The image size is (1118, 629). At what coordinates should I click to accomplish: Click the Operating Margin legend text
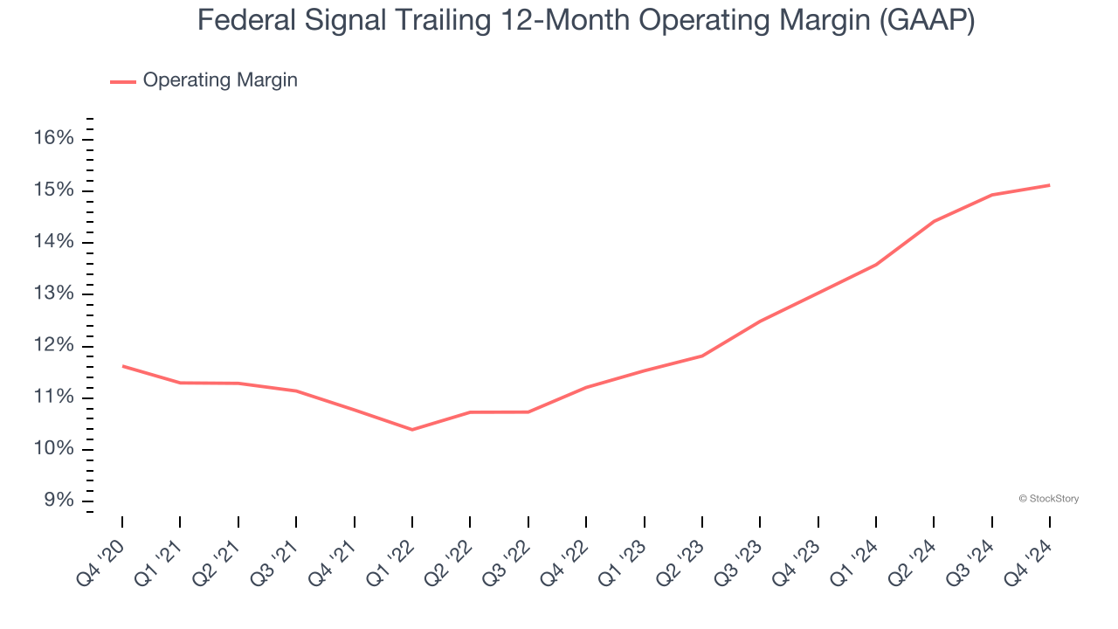(x=220, y=80)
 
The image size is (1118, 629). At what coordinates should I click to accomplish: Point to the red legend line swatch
(x=123, y=81)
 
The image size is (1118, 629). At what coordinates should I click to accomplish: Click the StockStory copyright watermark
(x=1048, y=499)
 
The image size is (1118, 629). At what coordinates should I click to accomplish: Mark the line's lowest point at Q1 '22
(x=412, y=430)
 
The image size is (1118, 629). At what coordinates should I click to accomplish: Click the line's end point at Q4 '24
(x=1049, y=185)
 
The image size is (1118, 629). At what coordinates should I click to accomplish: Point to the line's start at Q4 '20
(x=122, y=366)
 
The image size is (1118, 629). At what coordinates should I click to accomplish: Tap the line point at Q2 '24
(x=934, y=221)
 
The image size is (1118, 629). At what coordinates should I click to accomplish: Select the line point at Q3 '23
(x=760, y=321)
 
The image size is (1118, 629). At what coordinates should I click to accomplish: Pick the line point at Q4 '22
(x=586, y=387)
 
